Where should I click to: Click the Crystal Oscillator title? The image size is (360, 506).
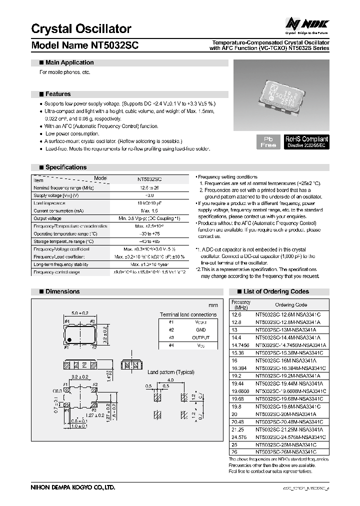tap(81, 29)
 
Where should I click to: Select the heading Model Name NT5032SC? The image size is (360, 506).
tap(85, 45)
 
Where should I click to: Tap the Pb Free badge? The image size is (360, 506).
tap(268, 141)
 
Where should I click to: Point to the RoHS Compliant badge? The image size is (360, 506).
tap(306, 141)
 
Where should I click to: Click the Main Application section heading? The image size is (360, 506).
tap(69, 62)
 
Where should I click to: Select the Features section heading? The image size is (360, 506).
tap(58, 94)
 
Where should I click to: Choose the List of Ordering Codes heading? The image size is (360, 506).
tap(276, 291)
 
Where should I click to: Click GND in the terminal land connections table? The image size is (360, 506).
tap(200, 329)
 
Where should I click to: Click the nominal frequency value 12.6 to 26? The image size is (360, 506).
tap(149, 187)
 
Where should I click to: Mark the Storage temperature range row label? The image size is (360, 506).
tap(65, 241)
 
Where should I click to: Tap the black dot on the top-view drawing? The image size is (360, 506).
tap(69, 339)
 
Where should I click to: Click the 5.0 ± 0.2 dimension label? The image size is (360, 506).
tap(79, 313)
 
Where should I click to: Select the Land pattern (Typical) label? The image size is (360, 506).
tap(171, 372)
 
